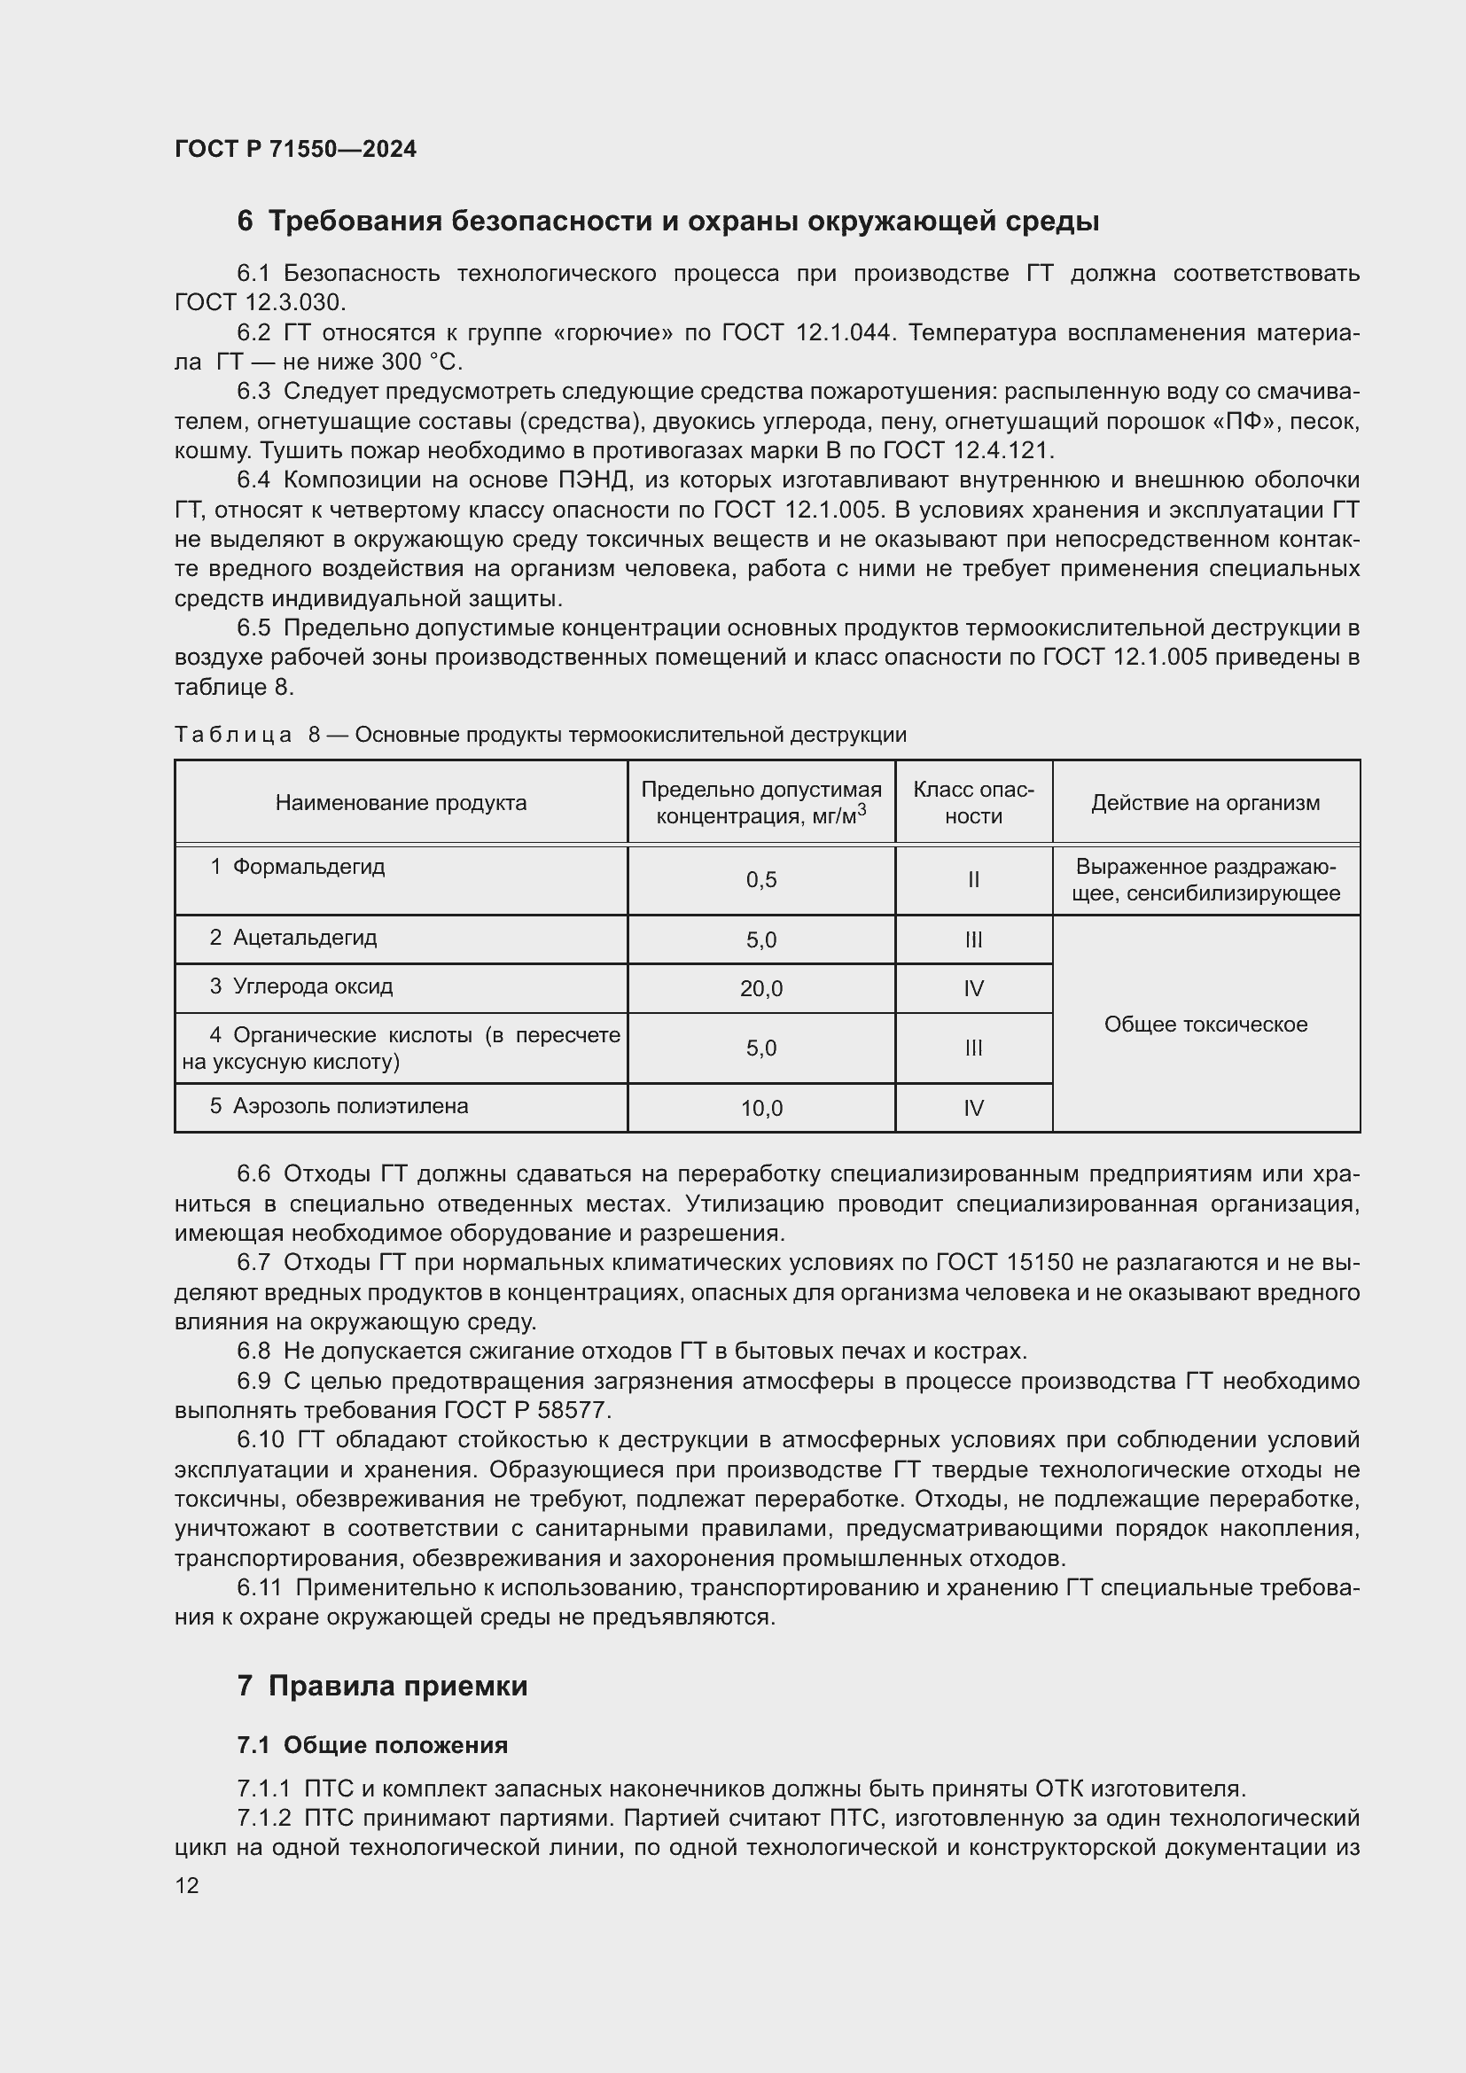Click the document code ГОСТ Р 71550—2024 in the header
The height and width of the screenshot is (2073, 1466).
tap(295, 149)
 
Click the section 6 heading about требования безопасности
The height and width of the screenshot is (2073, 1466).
tap(667, 222)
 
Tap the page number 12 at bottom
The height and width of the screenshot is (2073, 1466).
tap(187, 1885)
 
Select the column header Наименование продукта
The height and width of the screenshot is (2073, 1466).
tap(401, 803)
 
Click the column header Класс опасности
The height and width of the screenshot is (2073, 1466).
tap(973, 803)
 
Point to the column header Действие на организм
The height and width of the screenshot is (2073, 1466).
tap(1205, 803)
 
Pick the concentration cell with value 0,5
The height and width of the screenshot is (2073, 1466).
tap(761, 880)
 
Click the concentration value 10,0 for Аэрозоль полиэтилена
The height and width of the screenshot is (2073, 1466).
tap(761, 1108)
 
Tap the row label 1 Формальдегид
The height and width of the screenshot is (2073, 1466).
tap(298, 867)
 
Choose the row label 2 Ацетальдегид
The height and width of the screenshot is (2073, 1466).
tap(294, 937)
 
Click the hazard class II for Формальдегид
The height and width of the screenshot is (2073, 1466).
tap(973, 880)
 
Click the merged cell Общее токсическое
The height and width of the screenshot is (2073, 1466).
tap(1205, 1024)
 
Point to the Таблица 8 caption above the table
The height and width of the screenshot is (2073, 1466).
tap(540, 735)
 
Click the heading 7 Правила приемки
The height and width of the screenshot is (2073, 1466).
tap(382, 1686)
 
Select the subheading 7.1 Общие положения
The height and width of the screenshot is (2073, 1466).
tap(372, 1745)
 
